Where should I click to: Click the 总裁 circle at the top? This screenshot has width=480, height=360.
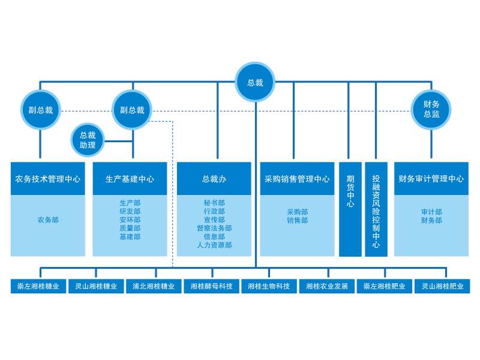click(255, 83)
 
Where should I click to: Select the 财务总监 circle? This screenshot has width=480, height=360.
click(431, 109)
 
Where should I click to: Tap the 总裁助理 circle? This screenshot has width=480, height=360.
click(88, 140)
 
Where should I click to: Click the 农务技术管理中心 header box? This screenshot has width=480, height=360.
click(48, 179)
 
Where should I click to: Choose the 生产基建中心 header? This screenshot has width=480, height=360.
click(130, 179)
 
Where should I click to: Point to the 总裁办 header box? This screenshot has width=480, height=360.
click(214, 179)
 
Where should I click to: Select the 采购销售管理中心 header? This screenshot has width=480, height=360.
click(297, 179)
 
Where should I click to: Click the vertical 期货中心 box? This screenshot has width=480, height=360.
click(350, 209)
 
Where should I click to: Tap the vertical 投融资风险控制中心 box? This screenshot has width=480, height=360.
click(376, 209)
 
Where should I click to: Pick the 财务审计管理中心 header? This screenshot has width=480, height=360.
click(431, 179)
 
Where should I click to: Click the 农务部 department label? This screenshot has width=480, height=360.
click(48, 220)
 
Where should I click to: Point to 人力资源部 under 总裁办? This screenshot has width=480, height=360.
click(214, 245)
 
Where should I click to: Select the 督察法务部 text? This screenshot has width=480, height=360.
click(214, 229)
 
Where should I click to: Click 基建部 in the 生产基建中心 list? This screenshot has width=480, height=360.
click(130, 237)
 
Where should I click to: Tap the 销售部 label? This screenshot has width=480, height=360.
click(297, 221)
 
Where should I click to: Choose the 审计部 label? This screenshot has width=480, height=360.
click(431, 212)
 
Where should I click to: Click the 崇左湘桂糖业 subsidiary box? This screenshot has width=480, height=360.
click(38, 287)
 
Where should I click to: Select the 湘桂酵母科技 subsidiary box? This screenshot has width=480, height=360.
click(211, 287)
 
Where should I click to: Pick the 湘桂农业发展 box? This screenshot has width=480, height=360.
click(327, 287)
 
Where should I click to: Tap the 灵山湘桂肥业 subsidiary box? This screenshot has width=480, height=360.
click(442, 287)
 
